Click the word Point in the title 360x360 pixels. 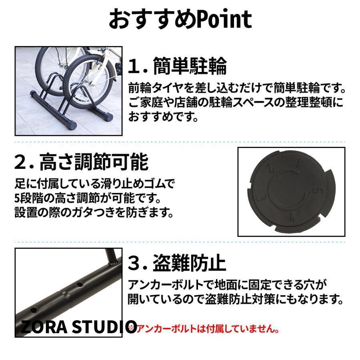224,19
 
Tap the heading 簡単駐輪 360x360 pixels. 190,66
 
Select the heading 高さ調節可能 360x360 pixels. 94,162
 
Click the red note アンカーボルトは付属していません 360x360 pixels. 208,328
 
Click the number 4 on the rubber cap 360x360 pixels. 292,218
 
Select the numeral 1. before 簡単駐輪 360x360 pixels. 137,66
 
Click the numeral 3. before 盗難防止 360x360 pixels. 137,264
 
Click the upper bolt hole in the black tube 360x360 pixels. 80,284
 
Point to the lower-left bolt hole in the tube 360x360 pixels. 34,310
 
